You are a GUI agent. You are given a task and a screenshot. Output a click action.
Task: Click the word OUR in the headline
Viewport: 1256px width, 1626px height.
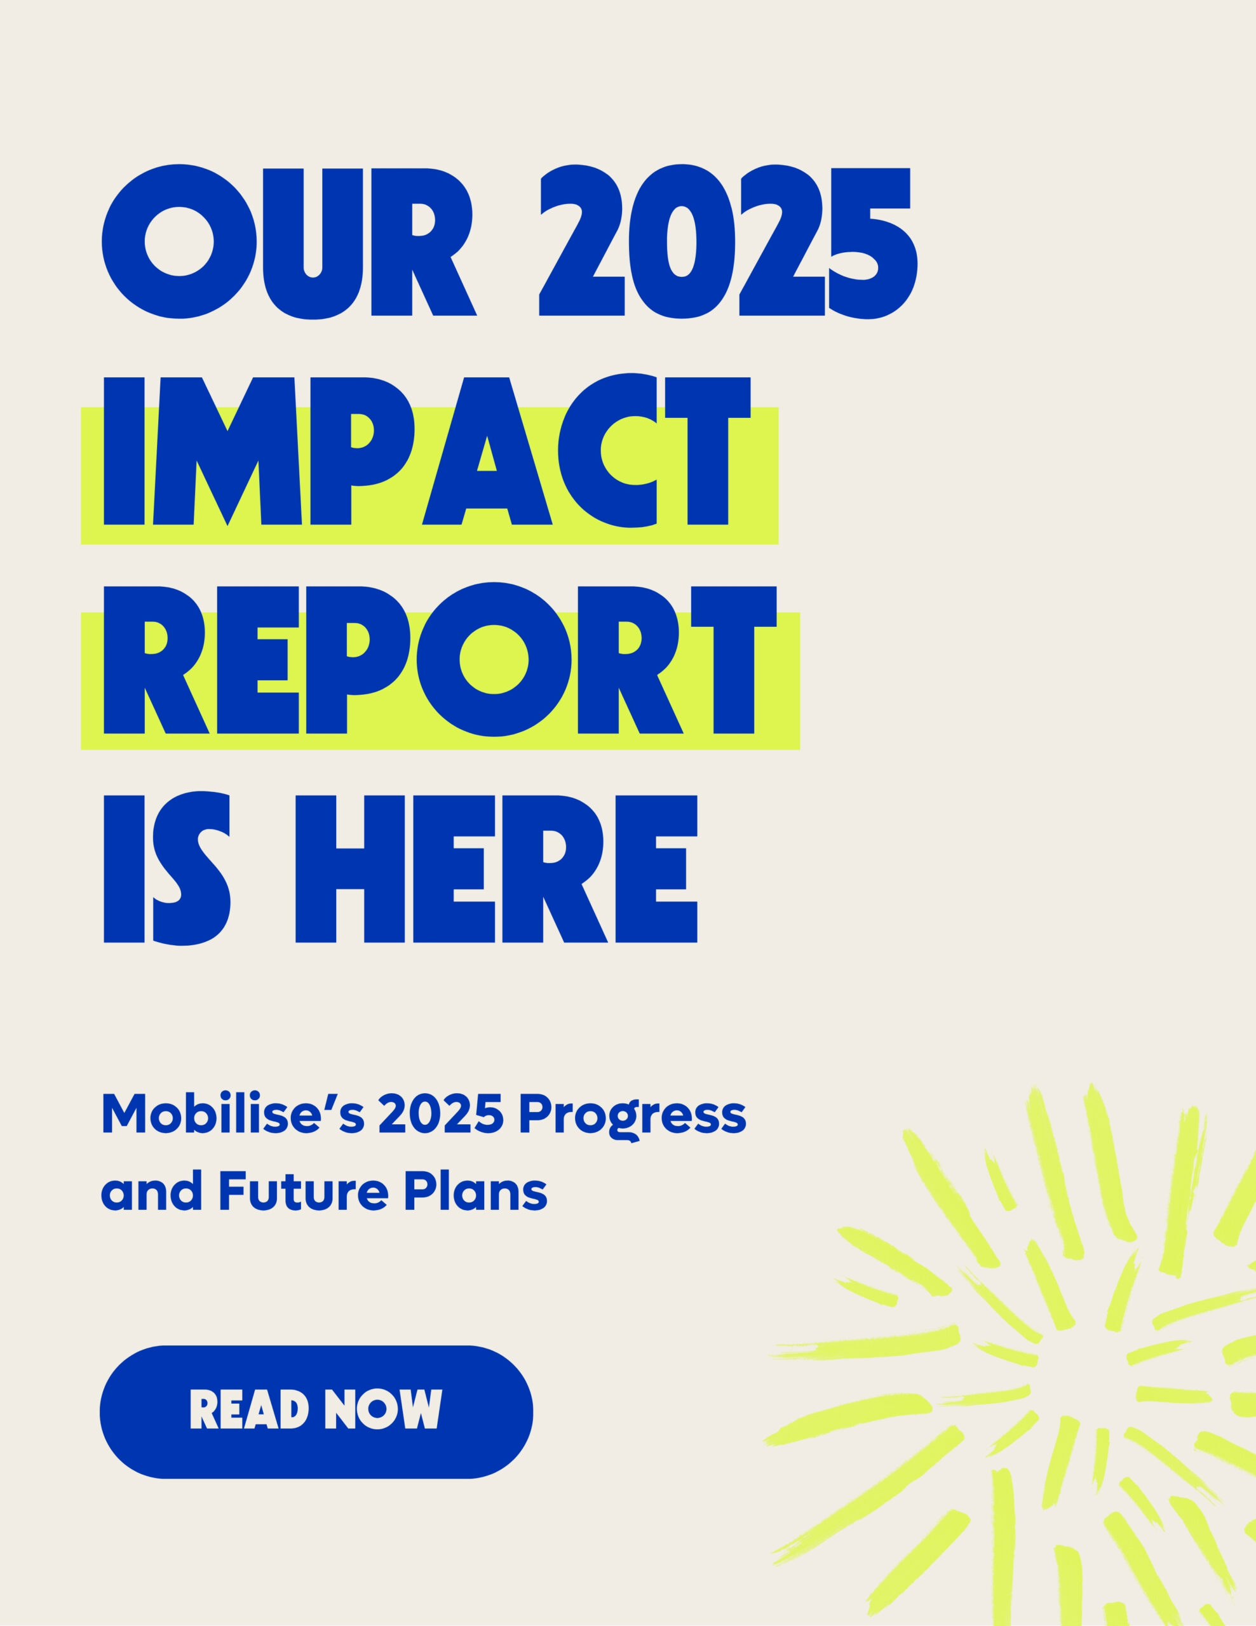tap(289, 241)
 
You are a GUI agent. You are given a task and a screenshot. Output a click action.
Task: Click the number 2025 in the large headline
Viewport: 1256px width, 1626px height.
tap(728, 241)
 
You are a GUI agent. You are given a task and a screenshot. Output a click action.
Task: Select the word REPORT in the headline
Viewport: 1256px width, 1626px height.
tap(440, 661)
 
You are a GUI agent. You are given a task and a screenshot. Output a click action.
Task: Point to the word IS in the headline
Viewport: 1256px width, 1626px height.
tap(167, 870)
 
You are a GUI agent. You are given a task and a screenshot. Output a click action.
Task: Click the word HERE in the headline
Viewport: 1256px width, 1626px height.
tap(497, 870)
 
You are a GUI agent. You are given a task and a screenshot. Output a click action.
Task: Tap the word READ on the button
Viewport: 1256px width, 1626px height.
tap(250, 1409)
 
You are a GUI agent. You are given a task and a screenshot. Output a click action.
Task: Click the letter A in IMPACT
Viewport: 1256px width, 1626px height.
tap(487, 451)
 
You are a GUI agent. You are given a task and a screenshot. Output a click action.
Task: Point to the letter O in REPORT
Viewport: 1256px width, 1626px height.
tap(494, 661)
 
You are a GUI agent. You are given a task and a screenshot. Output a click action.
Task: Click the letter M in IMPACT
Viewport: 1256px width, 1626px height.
tap(228, 451)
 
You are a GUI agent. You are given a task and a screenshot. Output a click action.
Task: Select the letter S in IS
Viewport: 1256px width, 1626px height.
tap(192, 870)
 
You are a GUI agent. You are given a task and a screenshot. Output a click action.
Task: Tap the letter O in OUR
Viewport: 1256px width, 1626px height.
tap(179, 241)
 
